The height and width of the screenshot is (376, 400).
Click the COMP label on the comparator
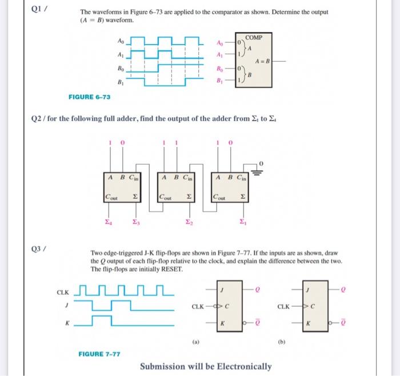click(x=253, y=38)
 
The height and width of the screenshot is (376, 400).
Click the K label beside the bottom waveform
click(x=68, y=322)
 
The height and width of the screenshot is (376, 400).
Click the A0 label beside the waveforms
click(x=120, y=42)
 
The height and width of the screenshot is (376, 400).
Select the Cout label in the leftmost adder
click(x=111, y=197)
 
